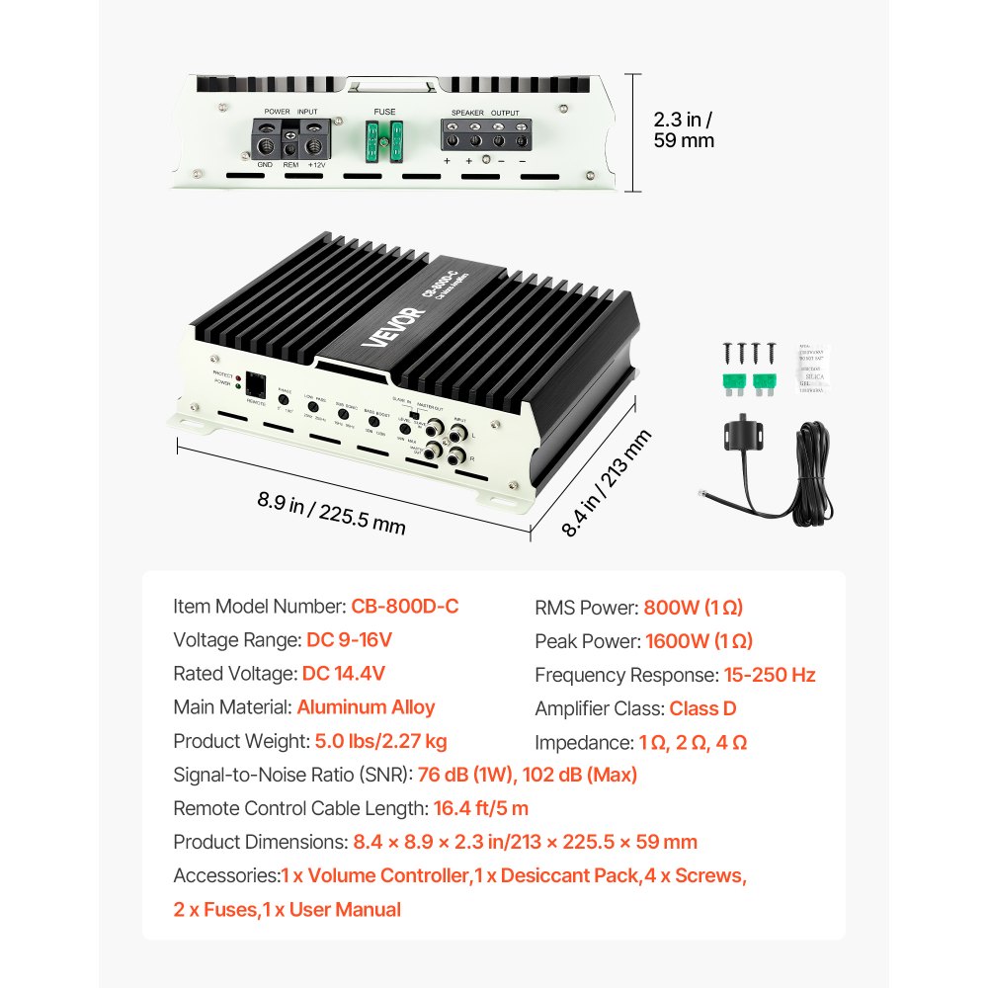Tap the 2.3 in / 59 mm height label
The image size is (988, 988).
click(683, 129)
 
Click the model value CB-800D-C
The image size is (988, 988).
click(404, 607)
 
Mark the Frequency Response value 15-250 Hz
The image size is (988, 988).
click(770, 675)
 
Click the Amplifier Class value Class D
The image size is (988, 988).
click(702, 708)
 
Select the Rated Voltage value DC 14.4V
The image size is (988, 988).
click(344, 674)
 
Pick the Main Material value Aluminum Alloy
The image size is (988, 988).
click(366, 707)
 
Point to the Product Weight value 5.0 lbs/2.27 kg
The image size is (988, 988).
click(380, 741)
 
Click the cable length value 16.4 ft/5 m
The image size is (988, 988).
click(481, 808)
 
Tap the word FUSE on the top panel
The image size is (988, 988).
click(384, 112)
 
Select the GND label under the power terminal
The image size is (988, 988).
click(265, 165)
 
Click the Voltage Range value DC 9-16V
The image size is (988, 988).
click(349, 640)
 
